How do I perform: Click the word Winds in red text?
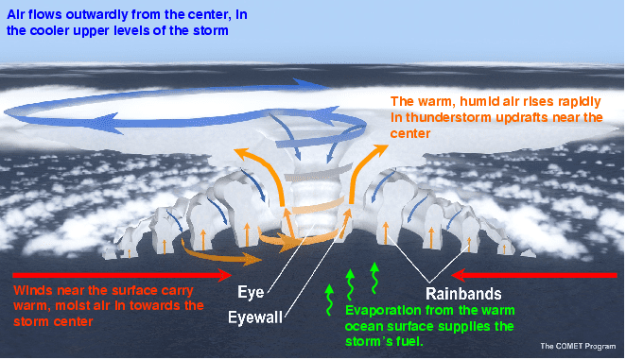coord(30,290)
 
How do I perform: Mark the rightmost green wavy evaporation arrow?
coord(374,278)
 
